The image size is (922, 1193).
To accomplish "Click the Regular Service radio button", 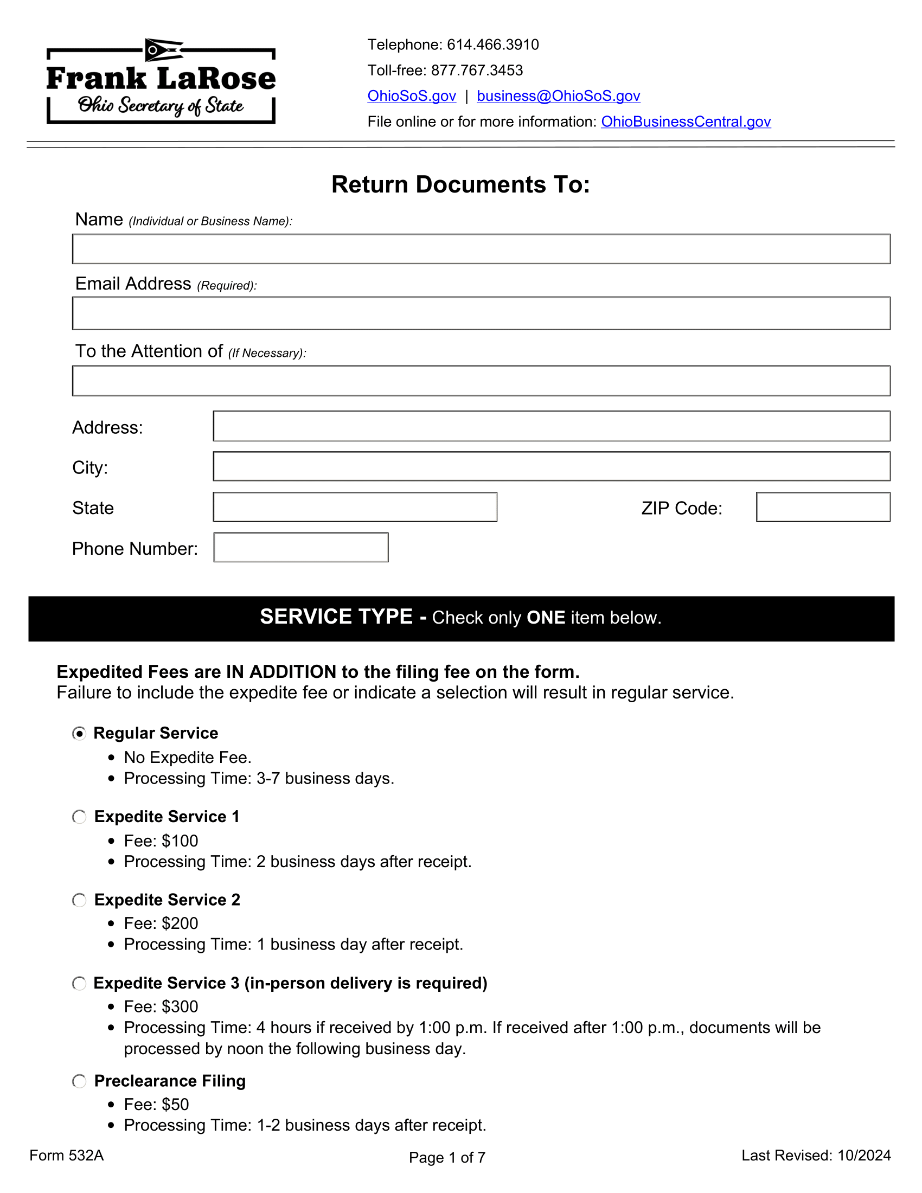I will click(79, 733).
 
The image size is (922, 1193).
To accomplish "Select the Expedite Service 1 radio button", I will click(79, 817).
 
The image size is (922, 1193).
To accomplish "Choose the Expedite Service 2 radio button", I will click(79, 900).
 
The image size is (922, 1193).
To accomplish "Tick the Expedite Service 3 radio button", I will click(79, 983).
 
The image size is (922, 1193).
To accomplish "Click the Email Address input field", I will click(481, 313).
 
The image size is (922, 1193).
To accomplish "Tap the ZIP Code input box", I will click(823, 507).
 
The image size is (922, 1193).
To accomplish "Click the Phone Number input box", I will click(300, 547).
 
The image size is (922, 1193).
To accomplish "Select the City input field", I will click(551, 466).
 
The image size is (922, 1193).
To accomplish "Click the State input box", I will click(355, 507).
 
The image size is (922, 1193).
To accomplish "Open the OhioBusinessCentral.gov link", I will click(686, 122).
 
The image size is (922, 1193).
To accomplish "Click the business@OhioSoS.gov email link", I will click(558, 96).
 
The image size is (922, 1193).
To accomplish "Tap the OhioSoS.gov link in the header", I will click(411, 96).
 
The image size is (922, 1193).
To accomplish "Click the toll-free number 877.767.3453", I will click(476, 70).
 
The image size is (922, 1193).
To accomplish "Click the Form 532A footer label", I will click(67, 1155).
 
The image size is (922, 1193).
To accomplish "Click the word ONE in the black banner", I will click(545, 618).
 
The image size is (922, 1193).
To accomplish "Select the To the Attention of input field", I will click(481, 381).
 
